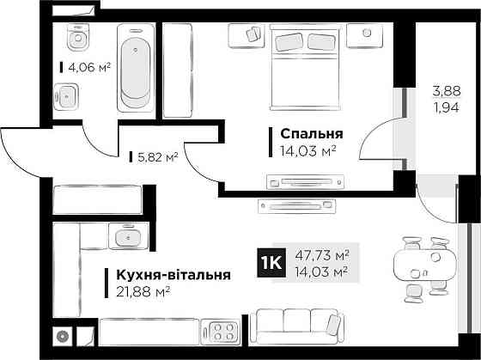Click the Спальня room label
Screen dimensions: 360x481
point(311,134)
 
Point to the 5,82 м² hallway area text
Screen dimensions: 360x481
point(157,157)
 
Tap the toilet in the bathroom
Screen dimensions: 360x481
point(78,37)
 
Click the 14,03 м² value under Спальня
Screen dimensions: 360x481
point(302,150)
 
